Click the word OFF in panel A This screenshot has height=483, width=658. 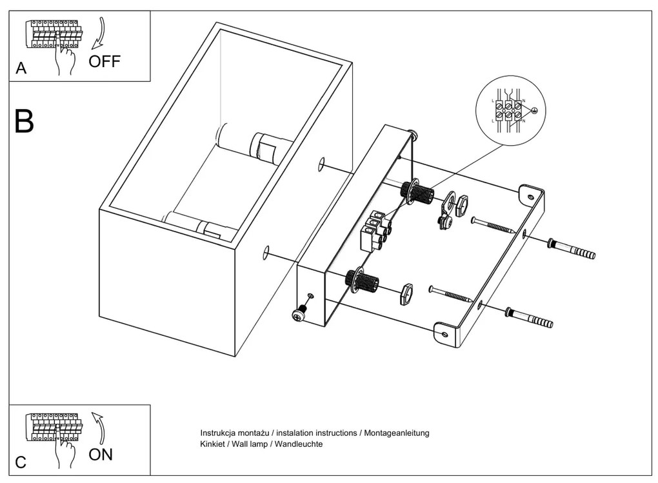click(x=104, y=62)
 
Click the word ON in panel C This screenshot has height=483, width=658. click(x=101, y=454)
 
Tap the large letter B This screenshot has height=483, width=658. click(x=24, y=121)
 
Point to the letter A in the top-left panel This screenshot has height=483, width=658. click(x=21, y=69)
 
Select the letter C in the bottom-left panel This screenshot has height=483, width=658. click(x=21, y=462)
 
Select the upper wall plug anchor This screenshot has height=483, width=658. click(x=572, y=249)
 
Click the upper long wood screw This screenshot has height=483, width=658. click(x=493, y=225)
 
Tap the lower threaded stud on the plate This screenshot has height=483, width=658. click(x=362, y=280)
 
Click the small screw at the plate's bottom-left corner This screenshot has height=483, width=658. click(x=299, y=314)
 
